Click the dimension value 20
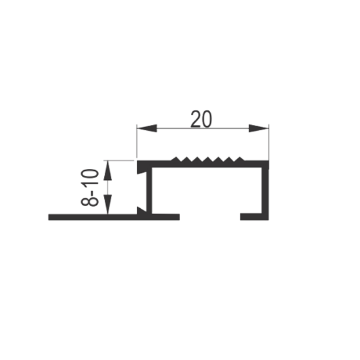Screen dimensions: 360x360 coord(202,119)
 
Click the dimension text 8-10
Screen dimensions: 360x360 coord(90,188)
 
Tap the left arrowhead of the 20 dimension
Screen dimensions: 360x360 coord(147,128)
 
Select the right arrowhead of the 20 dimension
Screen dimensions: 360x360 coord(259,128)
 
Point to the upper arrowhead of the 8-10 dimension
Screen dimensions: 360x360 coord(107,170)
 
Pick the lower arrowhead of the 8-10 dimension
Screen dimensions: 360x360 coord(107,204)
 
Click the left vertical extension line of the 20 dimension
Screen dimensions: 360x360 coord(137,141)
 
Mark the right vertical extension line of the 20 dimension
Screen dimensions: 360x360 coord(268,142)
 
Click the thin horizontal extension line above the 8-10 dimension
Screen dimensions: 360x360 coord(118,160)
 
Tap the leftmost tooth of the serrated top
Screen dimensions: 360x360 coord(176,159)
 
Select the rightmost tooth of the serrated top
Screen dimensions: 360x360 coord(240,159)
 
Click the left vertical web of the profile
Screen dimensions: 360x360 coord(149,190)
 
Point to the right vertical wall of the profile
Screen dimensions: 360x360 coord(265,190)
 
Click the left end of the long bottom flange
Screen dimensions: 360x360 coord(48,217)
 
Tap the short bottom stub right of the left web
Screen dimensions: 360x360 coord(166,217)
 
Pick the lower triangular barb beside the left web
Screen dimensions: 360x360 coord(141,210)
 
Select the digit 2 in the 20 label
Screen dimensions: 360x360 coord(196,119)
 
